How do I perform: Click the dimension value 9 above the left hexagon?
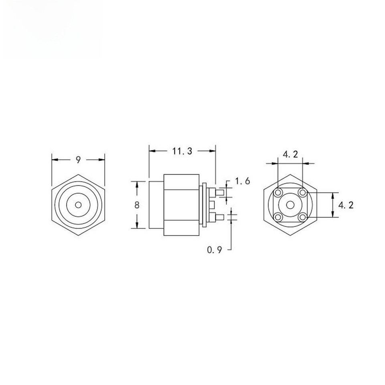click(x=78, y=160)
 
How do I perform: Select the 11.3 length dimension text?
click(x=182, y=151)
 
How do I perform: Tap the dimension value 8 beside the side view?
click(x=137, y=205)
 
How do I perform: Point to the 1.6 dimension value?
click(x=243, y=181)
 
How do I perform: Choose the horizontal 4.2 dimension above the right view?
click(x=290, y=154)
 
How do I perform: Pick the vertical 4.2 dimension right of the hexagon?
click(x=346, y=205)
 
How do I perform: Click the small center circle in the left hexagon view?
click(x=78, y=205)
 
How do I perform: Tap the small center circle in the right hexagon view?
click(x=290, y=205)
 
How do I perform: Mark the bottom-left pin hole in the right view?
click(x=278, y=217)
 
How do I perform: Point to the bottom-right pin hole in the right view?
click(x=302, y=217)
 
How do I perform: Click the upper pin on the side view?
click(x=220, y=193)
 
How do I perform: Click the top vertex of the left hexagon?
click(x=78, y=174)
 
